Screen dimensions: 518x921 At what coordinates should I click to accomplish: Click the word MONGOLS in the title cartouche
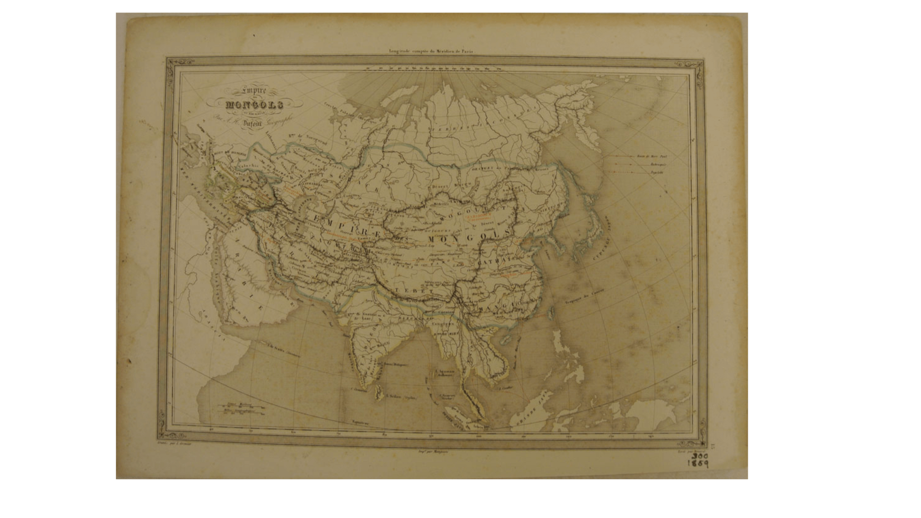[255, 105]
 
